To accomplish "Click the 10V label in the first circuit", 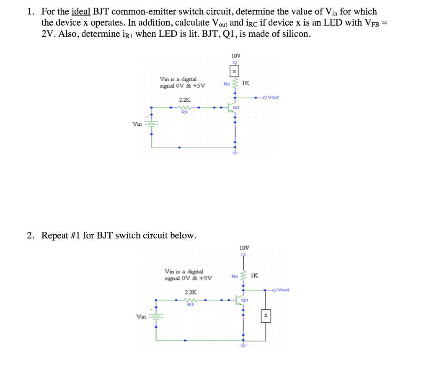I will click(235, 55).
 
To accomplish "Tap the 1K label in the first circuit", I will click(246, 83).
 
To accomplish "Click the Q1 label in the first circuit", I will click(236, 107).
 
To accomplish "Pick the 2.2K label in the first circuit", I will click(184, 100).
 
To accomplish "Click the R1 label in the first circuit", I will click(184, 112).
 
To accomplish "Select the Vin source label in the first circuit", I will click(137, 124).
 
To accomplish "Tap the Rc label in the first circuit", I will click(227, 83).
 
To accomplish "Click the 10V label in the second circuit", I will click(244, 248).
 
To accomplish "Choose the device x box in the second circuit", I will click(266, 315).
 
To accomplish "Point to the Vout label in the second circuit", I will click(283, 290).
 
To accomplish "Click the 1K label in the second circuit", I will click(254, 275).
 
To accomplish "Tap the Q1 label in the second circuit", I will click(245, 300).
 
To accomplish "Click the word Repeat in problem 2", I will click(55, 236).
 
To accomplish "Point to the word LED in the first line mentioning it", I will click(324, 23).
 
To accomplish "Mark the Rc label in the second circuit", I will click(235, 276).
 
